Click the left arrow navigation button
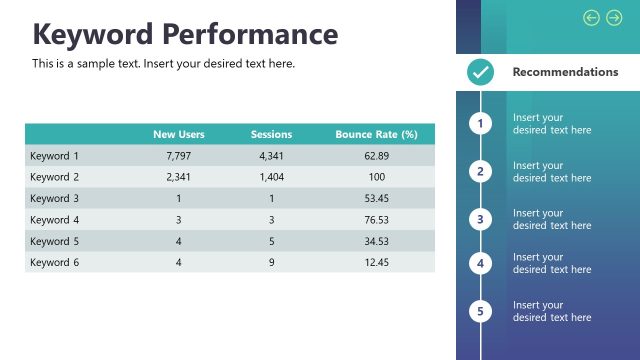click(x=591, y=17)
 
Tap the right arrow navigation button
click(x=614, y=17)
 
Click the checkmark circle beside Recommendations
click(x=481, y=72)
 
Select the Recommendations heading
click(x=565, y=72)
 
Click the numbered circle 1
click(x=481, y=123)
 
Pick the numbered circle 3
click(x=481, y=219)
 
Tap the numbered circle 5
click(x=481, y=311)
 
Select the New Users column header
click(x=178, y=134)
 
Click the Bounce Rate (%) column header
click(x=377, y=134)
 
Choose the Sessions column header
click(x=271, y=134)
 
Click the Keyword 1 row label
click(x=54, y=156)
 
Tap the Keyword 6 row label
click(x=54, y=262)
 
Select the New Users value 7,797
click(x=178, y=156)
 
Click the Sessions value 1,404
click(x=272, y=177)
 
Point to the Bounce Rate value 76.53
click(x=377, y=220)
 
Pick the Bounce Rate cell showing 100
click(x=377, y=177)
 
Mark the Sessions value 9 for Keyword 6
click(x=272, y=262)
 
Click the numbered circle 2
click(x=481, y=171)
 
